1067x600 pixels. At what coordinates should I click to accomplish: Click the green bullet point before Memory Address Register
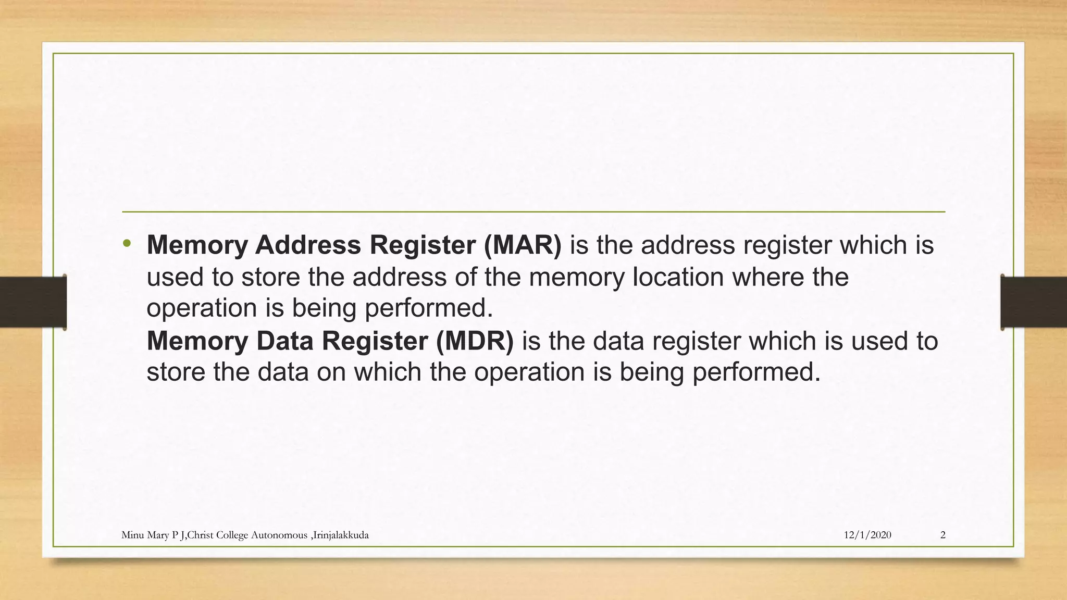[127, 243]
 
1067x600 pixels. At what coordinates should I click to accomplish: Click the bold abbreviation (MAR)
[523, 245]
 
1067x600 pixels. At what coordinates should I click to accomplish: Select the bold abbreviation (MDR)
[475, 341]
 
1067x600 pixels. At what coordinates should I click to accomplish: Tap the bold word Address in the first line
[308, 245]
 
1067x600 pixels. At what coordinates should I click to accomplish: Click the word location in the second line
[678, 277]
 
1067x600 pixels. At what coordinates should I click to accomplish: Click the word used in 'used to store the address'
[175, 277]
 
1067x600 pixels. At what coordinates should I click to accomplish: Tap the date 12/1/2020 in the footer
[867, 535]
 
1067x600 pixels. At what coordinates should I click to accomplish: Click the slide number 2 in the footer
[943, 535]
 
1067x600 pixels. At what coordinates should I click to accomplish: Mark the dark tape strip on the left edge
[33, 302]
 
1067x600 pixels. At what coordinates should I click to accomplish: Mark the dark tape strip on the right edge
[1034, 302]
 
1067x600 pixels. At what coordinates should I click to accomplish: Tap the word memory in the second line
[577, 277]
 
